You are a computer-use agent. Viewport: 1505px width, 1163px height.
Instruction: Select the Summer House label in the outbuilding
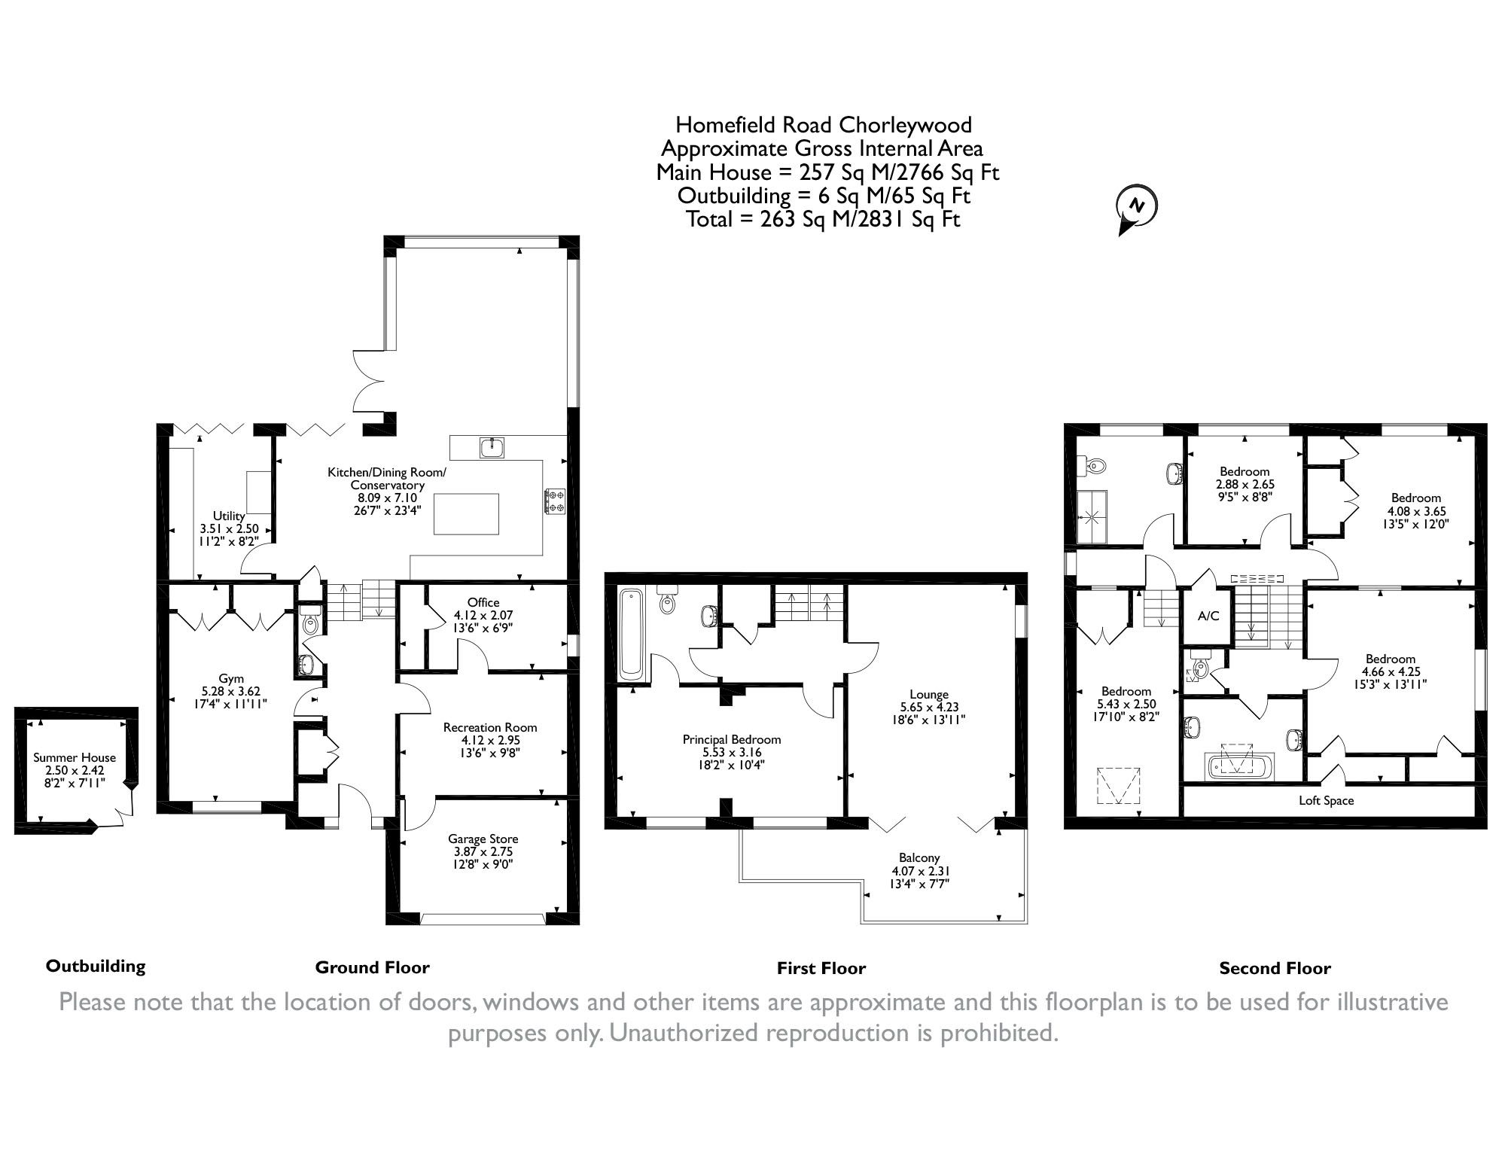click(x=75, y=757)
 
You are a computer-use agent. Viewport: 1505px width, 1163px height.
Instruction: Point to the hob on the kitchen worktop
click(x=555, y=502)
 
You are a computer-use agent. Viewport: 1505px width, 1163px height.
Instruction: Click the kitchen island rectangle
click(x=467, y=513)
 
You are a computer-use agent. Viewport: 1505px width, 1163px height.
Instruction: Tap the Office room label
click(x=483, y=602)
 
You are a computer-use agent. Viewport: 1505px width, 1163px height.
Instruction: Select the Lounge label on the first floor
click(x=928, y=694)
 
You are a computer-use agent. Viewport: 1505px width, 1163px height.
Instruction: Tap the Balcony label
click(x=919, y=857)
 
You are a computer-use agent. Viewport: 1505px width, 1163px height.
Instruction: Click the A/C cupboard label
click(x=1208, y=616)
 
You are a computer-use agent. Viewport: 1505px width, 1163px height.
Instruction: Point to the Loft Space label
click(x=1326, y=800)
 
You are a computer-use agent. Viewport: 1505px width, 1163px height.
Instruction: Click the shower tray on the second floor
click(x=1092, y=516)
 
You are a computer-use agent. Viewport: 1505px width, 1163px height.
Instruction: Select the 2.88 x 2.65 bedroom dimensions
click(x=1245, y=485)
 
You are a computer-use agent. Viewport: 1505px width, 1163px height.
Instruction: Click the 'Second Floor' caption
click(x=1275, y=969)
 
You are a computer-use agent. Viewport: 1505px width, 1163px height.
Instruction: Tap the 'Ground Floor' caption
click(x=372, y=967)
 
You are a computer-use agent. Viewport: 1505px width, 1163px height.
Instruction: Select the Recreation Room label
click(x=490, y=727)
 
